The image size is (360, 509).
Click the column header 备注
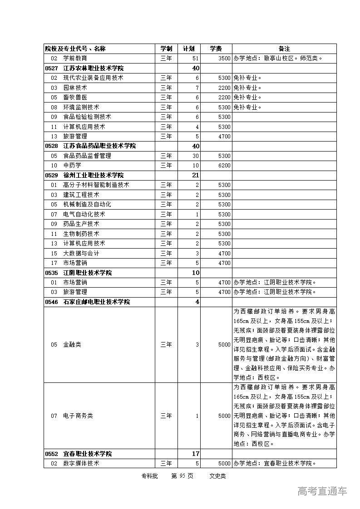click(284, 49)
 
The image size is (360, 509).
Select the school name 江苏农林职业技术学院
click(93, 68)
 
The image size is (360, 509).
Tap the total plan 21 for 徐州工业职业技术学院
click(196, 175)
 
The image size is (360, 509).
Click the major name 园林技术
click(75, 88)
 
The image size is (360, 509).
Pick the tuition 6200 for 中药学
click(224, 166)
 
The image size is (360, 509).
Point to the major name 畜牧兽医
click(75, 97)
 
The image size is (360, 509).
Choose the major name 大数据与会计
click(81, 253)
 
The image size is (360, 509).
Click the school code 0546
click(51, 302)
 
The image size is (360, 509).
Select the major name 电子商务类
click(78, 416)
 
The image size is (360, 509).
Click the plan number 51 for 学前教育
click(196, 59)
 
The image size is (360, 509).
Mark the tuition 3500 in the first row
click(224, 59)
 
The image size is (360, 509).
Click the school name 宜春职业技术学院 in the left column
click(87, 454)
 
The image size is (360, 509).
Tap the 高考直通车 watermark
click(322, 491)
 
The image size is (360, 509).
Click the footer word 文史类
click(217, 476)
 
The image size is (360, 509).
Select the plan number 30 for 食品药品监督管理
click(196, 156)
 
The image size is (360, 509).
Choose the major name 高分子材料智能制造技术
click(96, 185)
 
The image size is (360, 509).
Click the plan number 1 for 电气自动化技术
click(197, 214)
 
